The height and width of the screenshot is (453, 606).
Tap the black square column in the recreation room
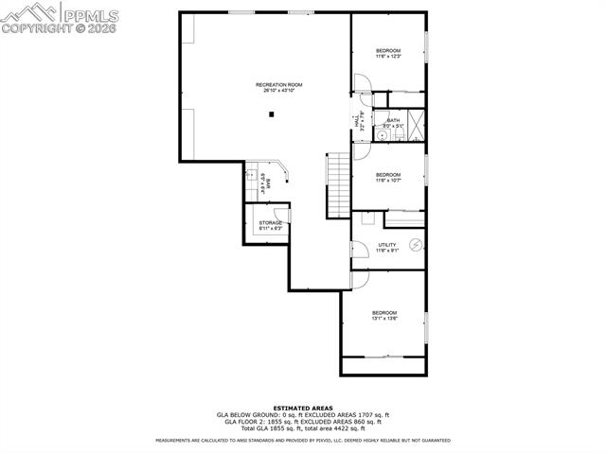pyautogui.click(x=272, y=114)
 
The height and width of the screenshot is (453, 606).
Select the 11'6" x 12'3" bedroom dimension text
pyautogui.click(x=388, y=57)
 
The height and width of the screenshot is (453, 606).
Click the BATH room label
pyautogui.click(x=393, y=120)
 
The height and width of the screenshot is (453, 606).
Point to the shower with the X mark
pyautogui.click(x=416, y=124)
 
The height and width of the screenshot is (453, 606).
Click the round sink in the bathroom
pyautogui.click(x=382, y=134)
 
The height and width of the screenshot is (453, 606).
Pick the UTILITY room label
pyautogui.click(x=387, y=245)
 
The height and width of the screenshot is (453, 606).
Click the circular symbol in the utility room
pyautogui.click(x=415, y=244)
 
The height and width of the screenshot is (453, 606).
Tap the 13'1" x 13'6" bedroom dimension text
pyautogui.click(x=384, y=319)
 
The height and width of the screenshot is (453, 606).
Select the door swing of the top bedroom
pyautogui.click(x=362, y=82)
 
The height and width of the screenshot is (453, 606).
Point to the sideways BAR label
pyautogui.click(x=268, y=183)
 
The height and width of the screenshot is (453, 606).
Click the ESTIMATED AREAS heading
pyautogui.click(x=302, y=408)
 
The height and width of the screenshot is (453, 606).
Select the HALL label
pyautogui.click(x=357, y=120)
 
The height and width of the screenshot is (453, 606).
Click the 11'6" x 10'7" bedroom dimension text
pyautogui.click(x=388, y=181)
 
